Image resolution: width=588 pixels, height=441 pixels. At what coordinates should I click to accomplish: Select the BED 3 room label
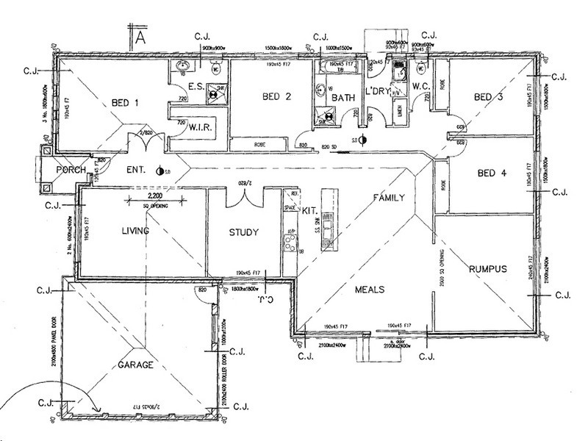click(x=488, y=97)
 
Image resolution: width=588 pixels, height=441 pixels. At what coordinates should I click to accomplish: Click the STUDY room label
click(x=243, y=233)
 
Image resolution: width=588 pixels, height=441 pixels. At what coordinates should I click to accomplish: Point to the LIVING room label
click(x=135, y=231)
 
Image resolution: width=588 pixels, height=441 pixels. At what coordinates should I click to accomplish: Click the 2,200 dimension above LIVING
click(x=155, y=197)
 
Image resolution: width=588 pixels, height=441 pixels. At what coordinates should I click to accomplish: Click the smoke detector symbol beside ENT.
click(x=162, y=171)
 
